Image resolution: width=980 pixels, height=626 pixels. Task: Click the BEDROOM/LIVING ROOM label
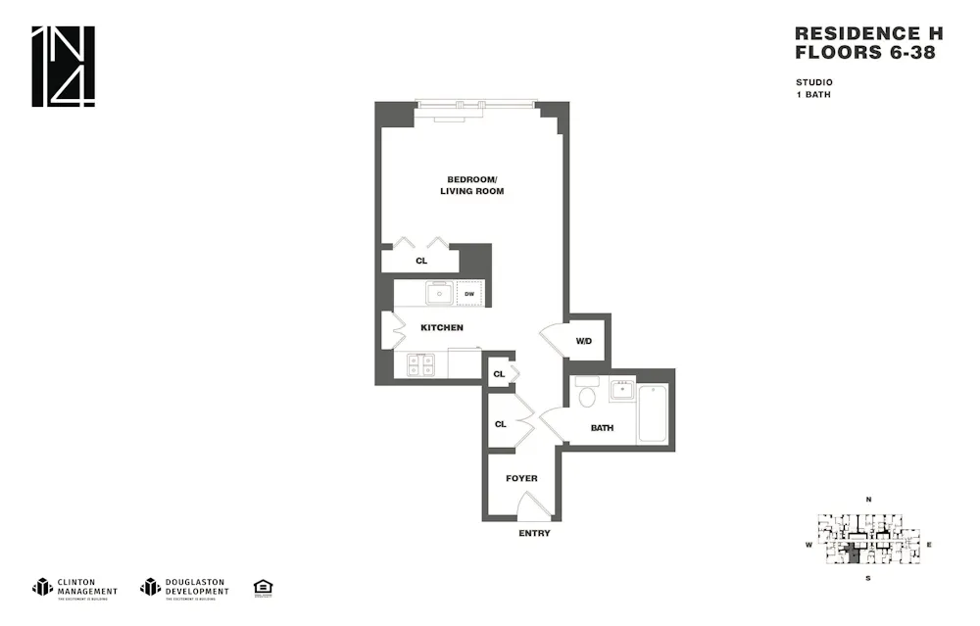click(471, 185)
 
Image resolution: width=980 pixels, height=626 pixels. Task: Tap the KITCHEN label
click(441, 327)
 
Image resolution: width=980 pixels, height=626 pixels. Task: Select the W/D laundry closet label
click(583, 341)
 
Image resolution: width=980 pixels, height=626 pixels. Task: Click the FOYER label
click(521, 478)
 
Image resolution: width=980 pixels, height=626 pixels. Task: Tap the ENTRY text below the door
click(534, 534)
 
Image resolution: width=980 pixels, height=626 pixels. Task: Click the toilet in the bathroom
click(588, 397)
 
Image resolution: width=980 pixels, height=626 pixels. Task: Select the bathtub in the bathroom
click(653, 413)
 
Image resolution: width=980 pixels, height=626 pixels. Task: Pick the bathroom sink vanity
click(621, 391)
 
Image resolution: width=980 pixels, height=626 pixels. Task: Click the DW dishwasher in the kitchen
click(469, 294)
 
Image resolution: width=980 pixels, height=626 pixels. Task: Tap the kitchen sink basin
click(440, 293)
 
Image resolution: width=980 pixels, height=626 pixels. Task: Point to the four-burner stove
click(421, 365)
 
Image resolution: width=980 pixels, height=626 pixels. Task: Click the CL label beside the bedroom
click(421, 262)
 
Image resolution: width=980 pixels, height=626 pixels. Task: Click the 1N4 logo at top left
click(64, 67)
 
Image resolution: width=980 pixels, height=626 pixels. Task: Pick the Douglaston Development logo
click(184, 587)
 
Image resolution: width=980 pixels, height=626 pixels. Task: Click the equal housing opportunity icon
click(263, 587)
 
